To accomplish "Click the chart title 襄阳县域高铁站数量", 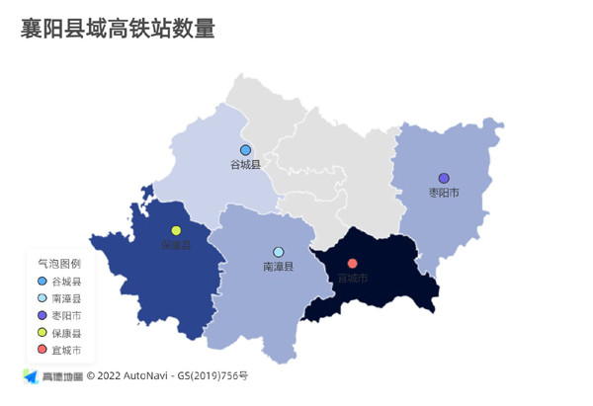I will [118, 29].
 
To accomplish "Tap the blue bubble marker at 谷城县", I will [245, 150].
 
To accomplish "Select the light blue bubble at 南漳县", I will [279, 252].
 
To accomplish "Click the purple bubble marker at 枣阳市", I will [444, 179].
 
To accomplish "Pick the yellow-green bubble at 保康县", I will [176, 230].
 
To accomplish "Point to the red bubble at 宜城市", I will [353, 263].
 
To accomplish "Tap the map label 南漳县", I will [279, 267].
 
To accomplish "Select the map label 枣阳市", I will [444, 193].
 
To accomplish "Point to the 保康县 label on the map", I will [176, 245].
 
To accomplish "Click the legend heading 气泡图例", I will [59, 264].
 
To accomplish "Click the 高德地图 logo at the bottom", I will [53, 376].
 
